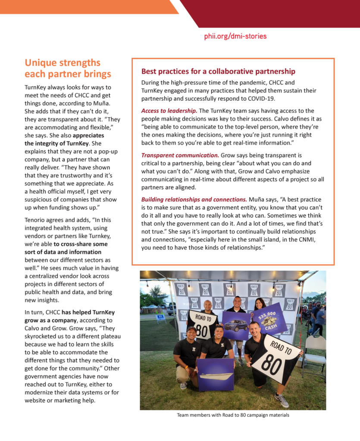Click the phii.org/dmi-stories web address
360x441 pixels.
click(235, 36)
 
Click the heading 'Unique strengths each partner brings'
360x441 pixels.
click(68, 68)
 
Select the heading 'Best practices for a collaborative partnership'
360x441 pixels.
click(218, 71)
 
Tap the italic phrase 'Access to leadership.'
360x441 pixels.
click(169, 111)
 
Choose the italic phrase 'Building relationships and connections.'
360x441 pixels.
click(194, 199)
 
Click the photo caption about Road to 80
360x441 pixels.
click(233, 415)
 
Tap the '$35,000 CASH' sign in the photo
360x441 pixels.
click(270, 318)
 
